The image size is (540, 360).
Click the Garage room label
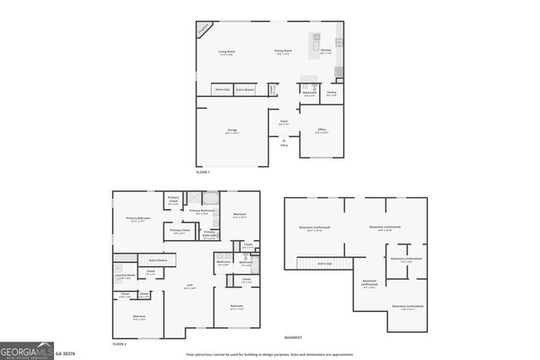tap(232, 130)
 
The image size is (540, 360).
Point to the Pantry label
tap(332, 94)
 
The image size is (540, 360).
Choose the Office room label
tap(321, 130)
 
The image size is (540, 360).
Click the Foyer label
tap(284, 122)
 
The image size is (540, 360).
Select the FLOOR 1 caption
tap(202, 172)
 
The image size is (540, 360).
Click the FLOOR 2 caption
tap(119, 345)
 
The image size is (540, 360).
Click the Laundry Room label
tap(126, 277)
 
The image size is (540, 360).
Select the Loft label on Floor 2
tap(190, 286)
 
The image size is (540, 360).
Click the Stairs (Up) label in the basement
tap(324, 264)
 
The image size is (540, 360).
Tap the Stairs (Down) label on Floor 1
tap(246, 89)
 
